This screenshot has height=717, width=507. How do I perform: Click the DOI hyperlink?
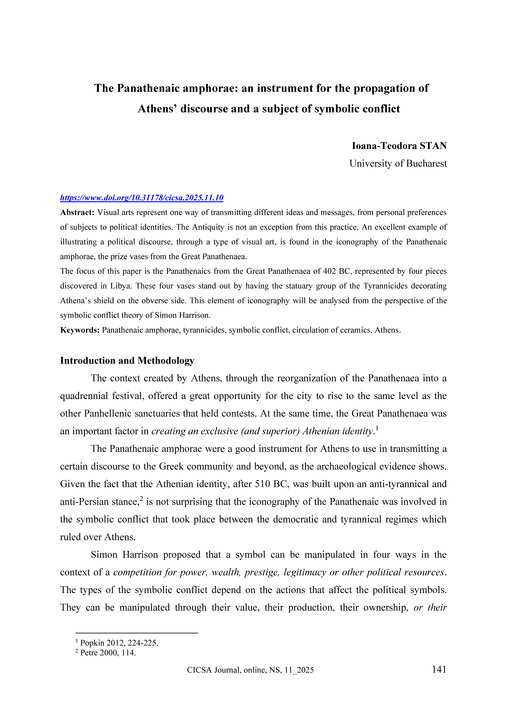coord(142,198)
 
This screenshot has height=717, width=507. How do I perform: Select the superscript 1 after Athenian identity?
coord(377,428)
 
